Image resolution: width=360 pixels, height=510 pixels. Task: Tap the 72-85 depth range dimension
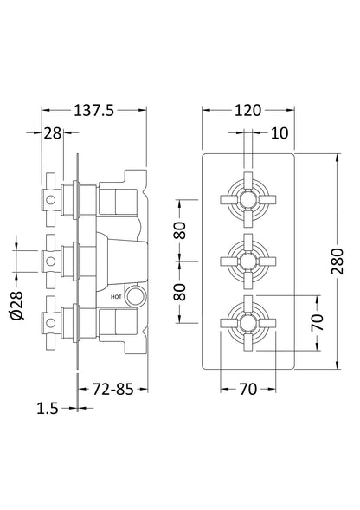113,391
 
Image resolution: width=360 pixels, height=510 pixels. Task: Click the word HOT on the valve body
117,296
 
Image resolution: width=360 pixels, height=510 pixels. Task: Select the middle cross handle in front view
248,257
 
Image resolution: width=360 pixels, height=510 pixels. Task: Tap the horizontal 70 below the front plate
248,391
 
